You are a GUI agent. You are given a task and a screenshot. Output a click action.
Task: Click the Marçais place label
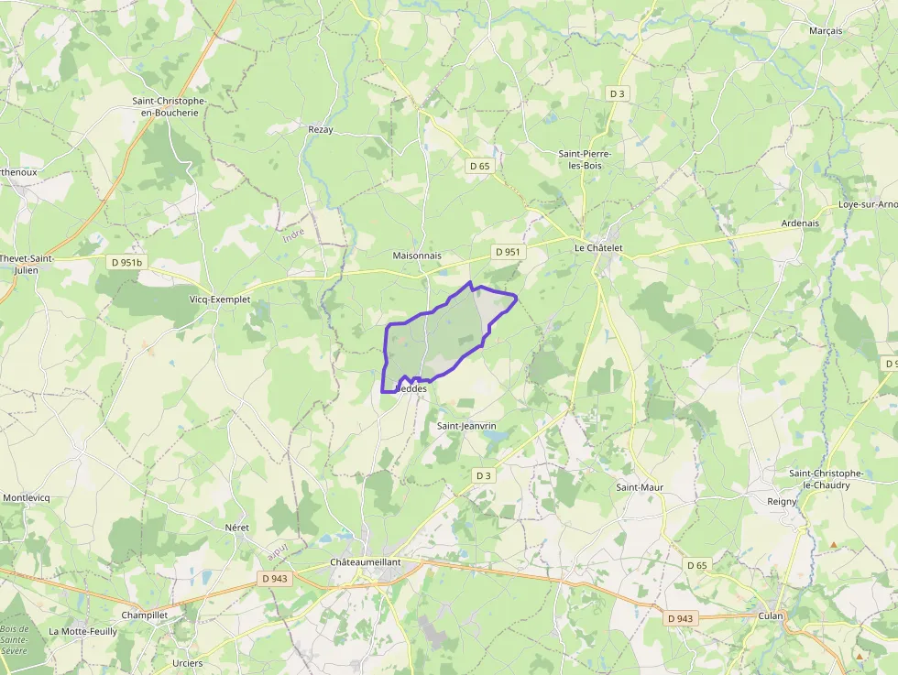tap(826, 31)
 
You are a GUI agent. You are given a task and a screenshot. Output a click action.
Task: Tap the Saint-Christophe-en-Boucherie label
tap(170, 106)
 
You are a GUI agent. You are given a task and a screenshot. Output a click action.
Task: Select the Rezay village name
tap(321, 130)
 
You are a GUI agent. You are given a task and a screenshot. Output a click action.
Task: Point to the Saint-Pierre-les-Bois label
tap(585, 159)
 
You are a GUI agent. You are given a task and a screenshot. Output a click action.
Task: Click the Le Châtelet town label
tap(598, 248)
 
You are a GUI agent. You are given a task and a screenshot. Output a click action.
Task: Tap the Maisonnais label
tap(417, 256)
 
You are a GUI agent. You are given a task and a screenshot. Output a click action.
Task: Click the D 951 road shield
tap(507, 252)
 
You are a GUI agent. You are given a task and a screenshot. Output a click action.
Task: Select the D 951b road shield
tap(126, 263)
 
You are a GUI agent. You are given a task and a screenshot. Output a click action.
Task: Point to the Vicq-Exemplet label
tap(220, 299)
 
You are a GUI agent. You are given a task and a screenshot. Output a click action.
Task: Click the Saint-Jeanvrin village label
tap(466, 426)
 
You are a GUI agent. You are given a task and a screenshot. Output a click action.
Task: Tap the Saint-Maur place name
tap(640, 487)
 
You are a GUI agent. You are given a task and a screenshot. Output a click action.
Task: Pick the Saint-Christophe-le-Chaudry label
tap(826, 478)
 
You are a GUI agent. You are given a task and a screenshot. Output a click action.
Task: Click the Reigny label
tap(782, 502)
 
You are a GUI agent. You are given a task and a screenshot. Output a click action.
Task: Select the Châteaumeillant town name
tap(365, 561)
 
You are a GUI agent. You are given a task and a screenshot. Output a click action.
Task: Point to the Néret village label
tap(236, 528)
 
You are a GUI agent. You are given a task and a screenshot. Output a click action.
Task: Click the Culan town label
tap(771, 615)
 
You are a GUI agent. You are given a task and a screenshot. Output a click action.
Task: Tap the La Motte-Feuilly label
tap(83, 631)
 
